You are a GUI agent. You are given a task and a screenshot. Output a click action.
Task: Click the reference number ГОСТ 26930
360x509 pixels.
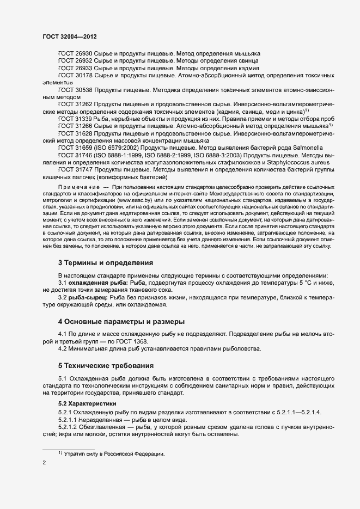click(x=75, y=54)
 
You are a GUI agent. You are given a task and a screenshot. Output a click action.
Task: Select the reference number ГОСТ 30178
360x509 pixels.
click(x=75, y=75)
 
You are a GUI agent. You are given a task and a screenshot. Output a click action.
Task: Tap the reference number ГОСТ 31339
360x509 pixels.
click(x=75, y=119)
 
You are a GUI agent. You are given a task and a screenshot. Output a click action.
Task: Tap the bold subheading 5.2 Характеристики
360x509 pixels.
click(x=87, y=404)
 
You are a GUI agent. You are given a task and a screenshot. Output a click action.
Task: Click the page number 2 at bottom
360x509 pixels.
click(x=45, y=463)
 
